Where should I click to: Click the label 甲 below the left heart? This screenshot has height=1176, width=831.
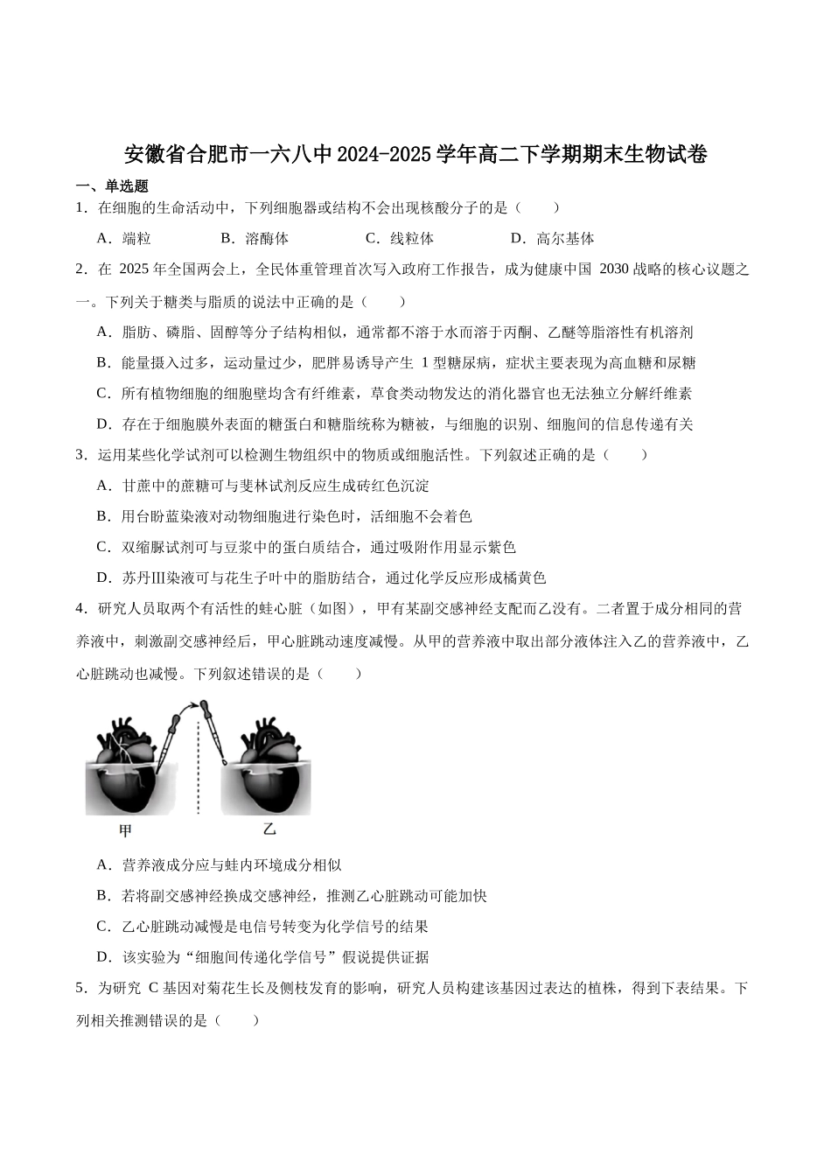click(125, 829)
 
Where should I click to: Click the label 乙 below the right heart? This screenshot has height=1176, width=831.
click(269, 829)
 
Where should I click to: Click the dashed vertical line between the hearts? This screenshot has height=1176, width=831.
click(198, 770)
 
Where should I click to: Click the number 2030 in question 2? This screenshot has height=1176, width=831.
click(614, 269)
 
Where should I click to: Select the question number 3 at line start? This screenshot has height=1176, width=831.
click(80, 455)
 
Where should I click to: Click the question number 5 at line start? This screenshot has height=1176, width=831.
click(80, 989)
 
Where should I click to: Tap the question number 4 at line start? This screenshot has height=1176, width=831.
click(80, 608)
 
